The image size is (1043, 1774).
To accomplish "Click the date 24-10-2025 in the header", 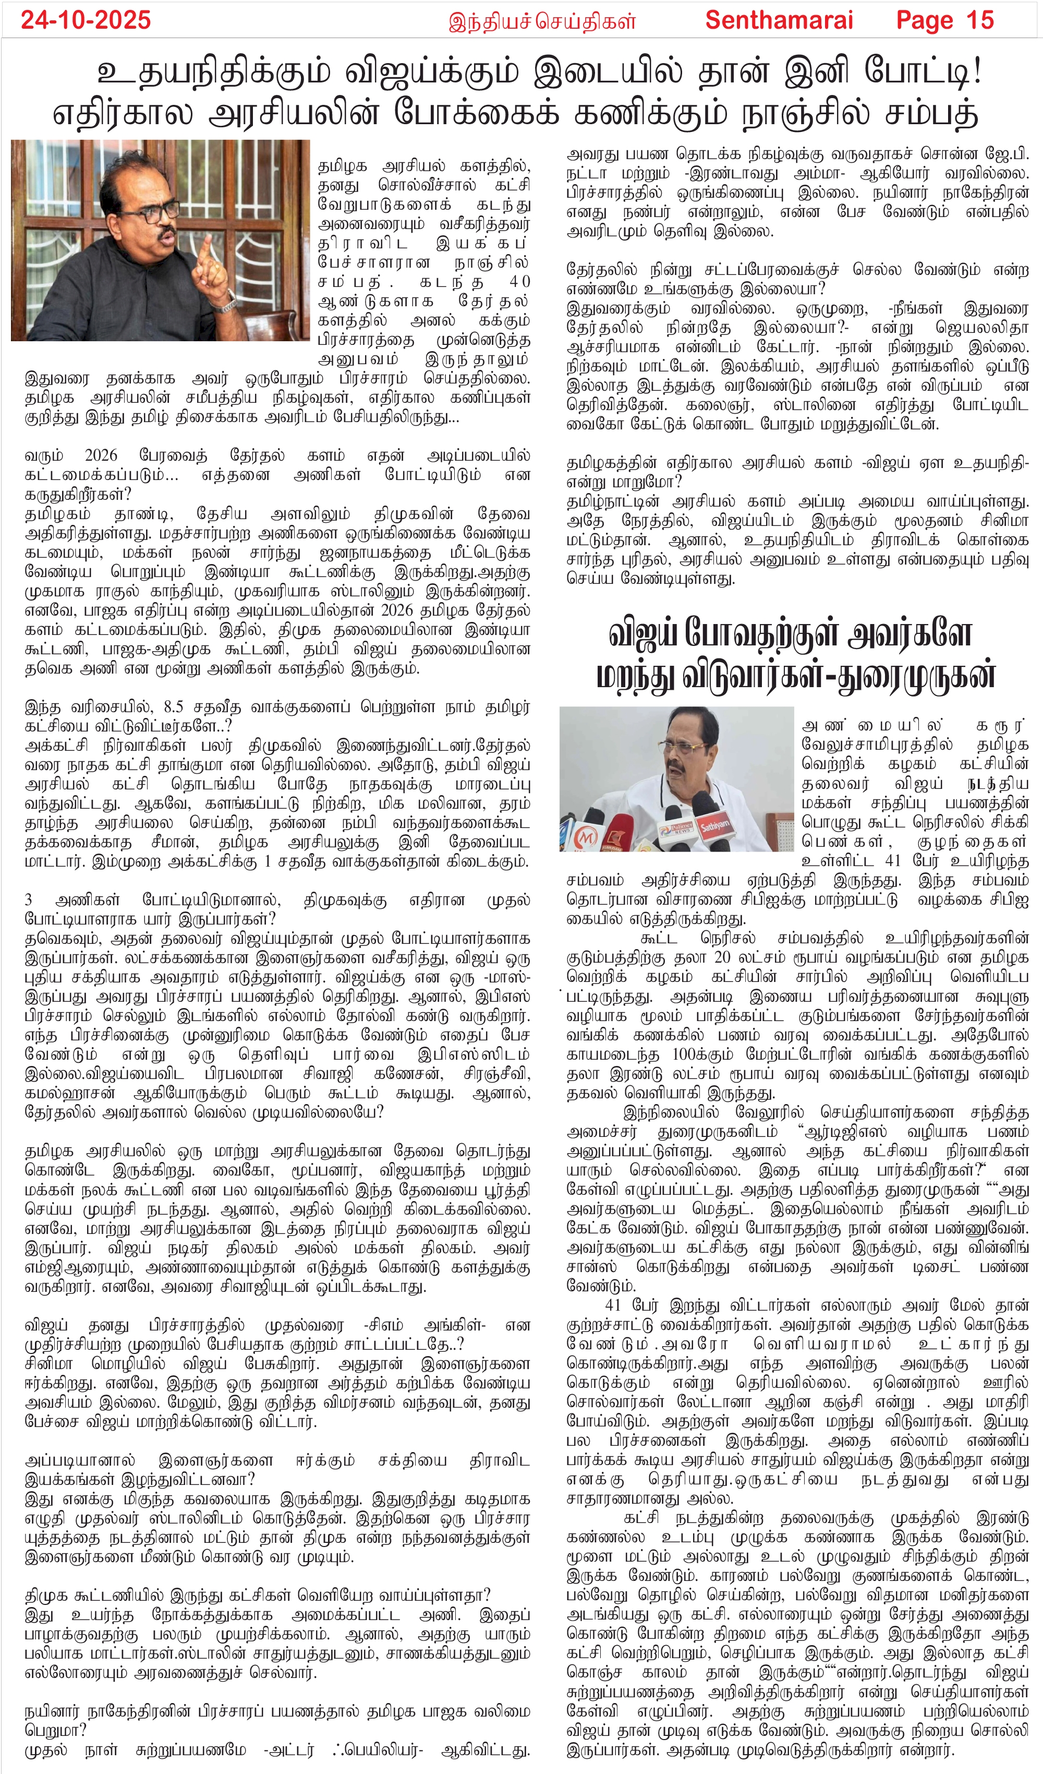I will (86, 20).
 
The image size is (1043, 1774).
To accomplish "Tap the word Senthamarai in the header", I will (779, 20).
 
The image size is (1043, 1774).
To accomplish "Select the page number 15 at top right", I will (980, 20).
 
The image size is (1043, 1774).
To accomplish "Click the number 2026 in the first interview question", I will (100, 456).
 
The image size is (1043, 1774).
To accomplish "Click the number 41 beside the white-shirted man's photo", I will (892, 860).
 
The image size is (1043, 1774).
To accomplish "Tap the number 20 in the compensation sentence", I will (722, 957).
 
